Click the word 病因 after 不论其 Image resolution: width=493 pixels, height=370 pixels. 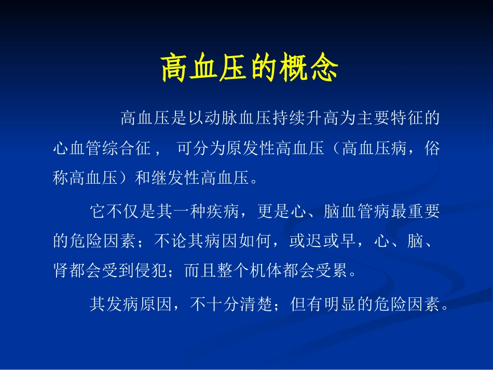(x=195, y=241)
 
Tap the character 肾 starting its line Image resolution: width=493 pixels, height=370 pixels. (x=61, y=271)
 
